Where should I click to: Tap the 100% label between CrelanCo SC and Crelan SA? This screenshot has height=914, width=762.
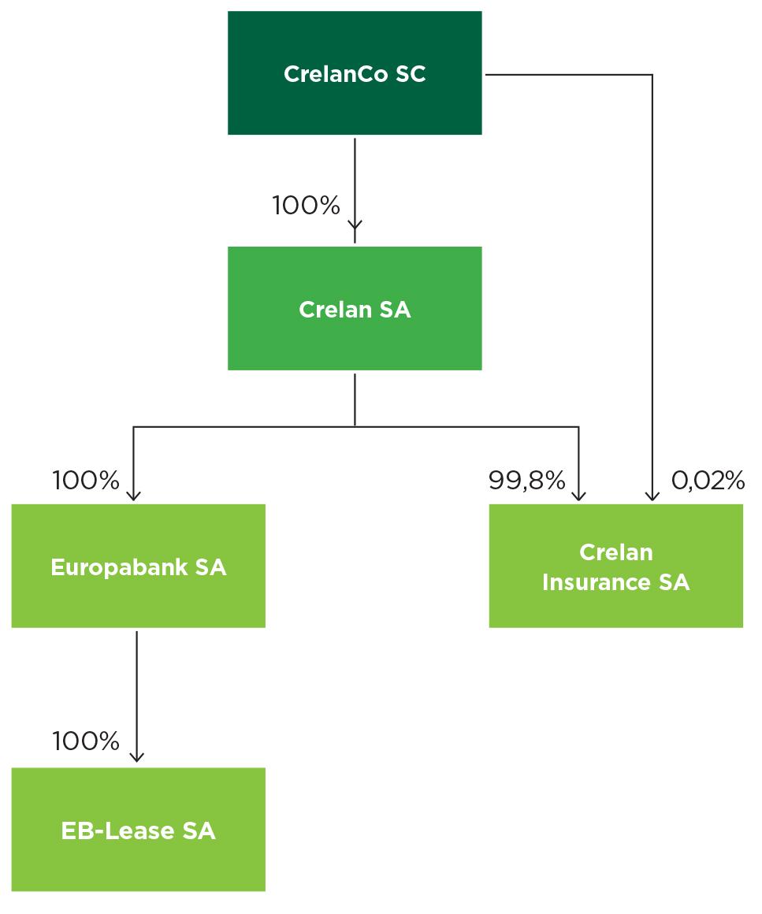306,206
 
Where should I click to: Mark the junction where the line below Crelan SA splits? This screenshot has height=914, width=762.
355,426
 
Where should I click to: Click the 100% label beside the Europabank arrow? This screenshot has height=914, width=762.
86,480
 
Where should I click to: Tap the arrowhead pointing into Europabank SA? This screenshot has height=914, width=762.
134,495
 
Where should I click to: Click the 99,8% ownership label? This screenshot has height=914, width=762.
526,480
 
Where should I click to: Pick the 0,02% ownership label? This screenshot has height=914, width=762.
708,480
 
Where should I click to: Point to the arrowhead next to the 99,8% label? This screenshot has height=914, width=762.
579,495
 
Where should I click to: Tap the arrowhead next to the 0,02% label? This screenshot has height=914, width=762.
652,495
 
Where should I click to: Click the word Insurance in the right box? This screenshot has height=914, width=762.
593,582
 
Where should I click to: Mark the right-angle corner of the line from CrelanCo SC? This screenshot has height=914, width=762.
652,75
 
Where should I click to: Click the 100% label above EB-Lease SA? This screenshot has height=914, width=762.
86,741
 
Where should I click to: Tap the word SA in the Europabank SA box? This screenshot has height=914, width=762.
210,567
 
